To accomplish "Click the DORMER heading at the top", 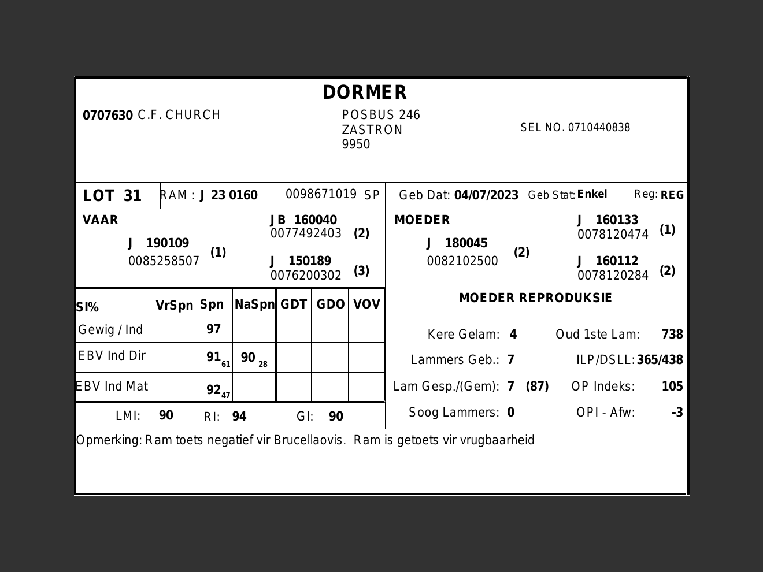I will click(x=365, y=92).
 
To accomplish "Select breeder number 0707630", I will click(x=108, y=116).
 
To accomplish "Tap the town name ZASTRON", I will click(x=372, y=130).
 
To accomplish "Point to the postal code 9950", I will click(x=355, y=144).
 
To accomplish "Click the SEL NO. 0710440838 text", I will click(x=575, y=128).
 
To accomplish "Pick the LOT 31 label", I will click(x=112, y=196).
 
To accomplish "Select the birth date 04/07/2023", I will click(x=486, y=195).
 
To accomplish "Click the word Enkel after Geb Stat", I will click(x=592, y=194).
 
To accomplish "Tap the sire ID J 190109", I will click(x=158, y=243).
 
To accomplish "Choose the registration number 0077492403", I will click(x=306, y=233).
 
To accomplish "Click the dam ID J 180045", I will click(x=457, y=243).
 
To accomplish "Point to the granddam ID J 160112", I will click(x=608, y=261).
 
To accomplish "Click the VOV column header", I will click(x=366, y=304).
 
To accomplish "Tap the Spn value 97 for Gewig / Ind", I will click(x=213, y=329).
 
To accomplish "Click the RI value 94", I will click(x=239, y=417).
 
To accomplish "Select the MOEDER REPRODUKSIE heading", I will click(x=535, y=298).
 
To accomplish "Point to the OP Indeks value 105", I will click(x=672, y=387).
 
